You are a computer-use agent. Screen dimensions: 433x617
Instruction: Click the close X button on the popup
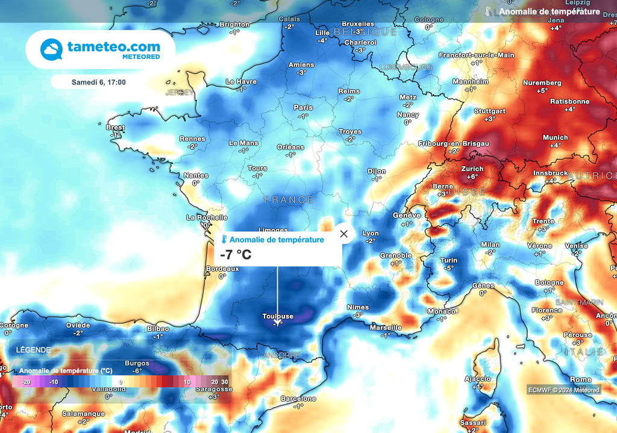point(343,234)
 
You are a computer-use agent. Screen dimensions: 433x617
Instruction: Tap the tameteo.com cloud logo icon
point(52,49)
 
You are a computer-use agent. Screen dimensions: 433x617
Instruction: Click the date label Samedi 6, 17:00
point(98,81)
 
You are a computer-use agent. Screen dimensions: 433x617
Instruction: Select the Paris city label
point(302,108)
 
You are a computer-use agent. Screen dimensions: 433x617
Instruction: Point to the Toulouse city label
point(278,316)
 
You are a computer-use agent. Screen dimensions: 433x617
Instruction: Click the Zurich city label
point(472,169)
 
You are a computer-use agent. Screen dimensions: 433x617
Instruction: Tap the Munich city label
point(555,138)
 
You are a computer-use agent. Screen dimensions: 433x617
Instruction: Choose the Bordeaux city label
point(222,269)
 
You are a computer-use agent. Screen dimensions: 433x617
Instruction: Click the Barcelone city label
point(298,399)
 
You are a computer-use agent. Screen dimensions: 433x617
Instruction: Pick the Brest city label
point(115,128)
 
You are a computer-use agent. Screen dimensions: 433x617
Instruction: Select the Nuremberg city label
point(542,83)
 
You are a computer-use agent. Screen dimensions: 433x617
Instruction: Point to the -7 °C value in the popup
point(236,255)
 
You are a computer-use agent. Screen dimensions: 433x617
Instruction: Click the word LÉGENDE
point(33,349)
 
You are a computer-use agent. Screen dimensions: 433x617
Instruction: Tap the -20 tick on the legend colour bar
point(25,382)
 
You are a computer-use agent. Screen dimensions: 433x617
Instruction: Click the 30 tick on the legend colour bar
point(225,382)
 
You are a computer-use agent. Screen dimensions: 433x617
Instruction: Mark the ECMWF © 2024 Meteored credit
point(564,390)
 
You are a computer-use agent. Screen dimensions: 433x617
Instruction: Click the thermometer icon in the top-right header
point(488,11)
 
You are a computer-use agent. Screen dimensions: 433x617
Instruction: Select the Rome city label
point(580,379)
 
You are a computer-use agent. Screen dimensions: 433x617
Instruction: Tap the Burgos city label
point(137,364)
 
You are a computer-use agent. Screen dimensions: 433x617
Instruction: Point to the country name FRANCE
point(289,199)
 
